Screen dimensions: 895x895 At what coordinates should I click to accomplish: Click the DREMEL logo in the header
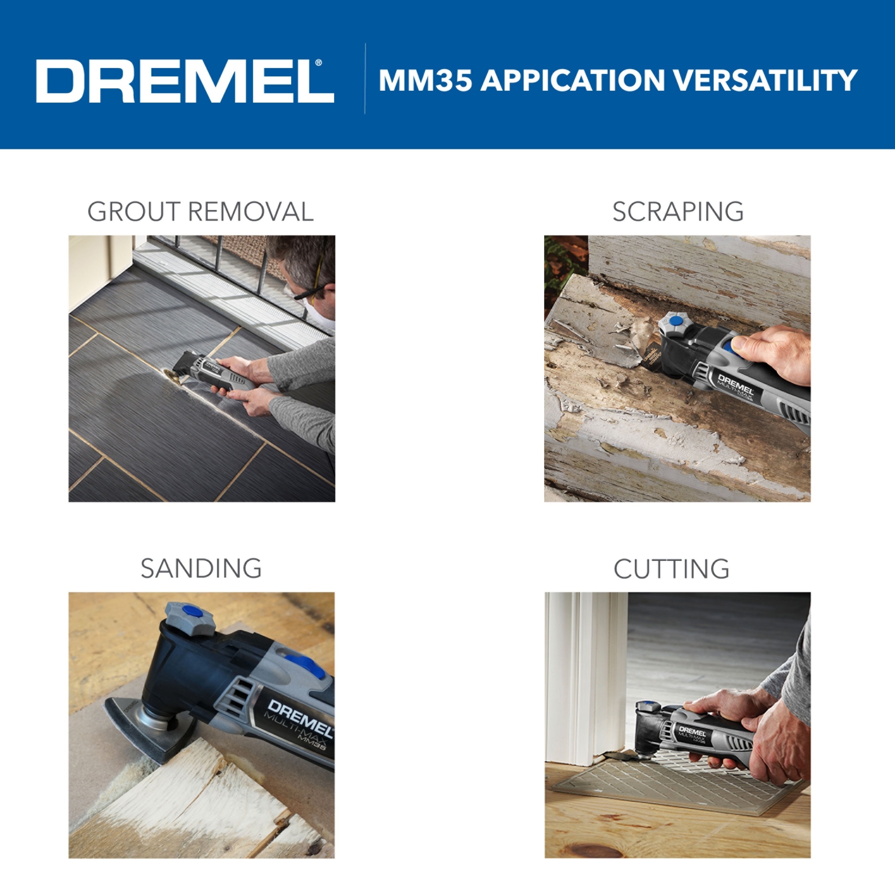(185, 81)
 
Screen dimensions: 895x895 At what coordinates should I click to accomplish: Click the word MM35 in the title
(426, 80)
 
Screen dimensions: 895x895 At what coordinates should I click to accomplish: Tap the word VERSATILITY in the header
(765, 80)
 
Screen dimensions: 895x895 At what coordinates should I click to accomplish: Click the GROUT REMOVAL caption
(200, 212)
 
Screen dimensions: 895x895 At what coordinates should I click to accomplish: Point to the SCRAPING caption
(678, 212)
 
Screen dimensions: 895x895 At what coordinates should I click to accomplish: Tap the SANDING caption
(201, 568)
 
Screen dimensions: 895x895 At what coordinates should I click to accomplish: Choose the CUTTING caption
(671, 569)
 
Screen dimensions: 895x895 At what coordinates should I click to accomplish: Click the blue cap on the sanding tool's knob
(193, 611)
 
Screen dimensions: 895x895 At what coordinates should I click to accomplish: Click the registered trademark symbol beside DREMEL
(318, 63)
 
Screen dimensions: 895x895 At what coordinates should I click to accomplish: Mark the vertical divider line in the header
(365, 78)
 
